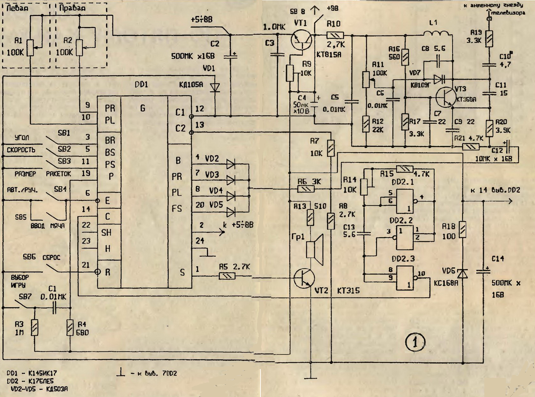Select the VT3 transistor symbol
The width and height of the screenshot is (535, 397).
coord(445,97)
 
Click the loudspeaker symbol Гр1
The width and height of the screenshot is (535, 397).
coord(314,250)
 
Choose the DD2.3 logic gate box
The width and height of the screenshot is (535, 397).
coord(405,278)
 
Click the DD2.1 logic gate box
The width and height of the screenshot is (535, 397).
coord(405,201)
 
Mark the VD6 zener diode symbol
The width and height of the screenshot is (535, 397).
coord(463,274)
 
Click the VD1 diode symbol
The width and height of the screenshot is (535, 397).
coord(215,87)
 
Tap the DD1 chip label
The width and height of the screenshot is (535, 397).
coord(141,84)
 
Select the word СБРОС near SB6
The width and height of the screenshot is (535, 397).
coord(51,257)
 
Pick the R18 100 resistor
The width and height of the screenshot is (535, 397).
coord(463,230)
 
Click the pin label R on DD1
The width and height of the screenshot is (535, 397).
coord(108,272)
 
